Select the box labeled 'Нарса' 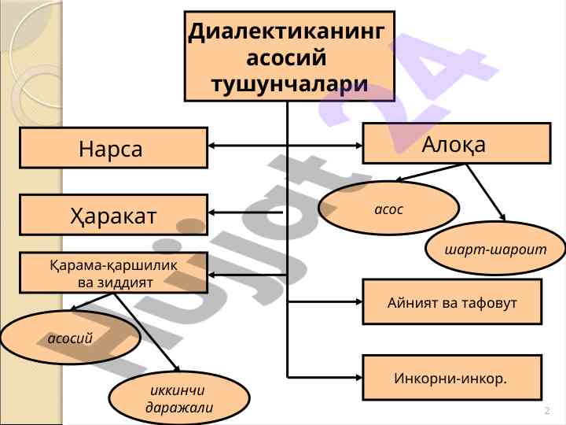coord(113,148)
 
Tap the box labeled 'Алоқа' coord(456,143)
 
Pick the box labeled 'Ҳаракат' coord(113,213)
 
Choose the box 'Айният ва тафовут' coord(452,302)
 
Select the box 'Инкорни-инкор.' coord(452,379)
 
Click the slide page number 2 coord(546,412)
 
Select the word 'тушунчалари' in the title coord(289,83)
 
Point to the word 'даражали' coord(179,408)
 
